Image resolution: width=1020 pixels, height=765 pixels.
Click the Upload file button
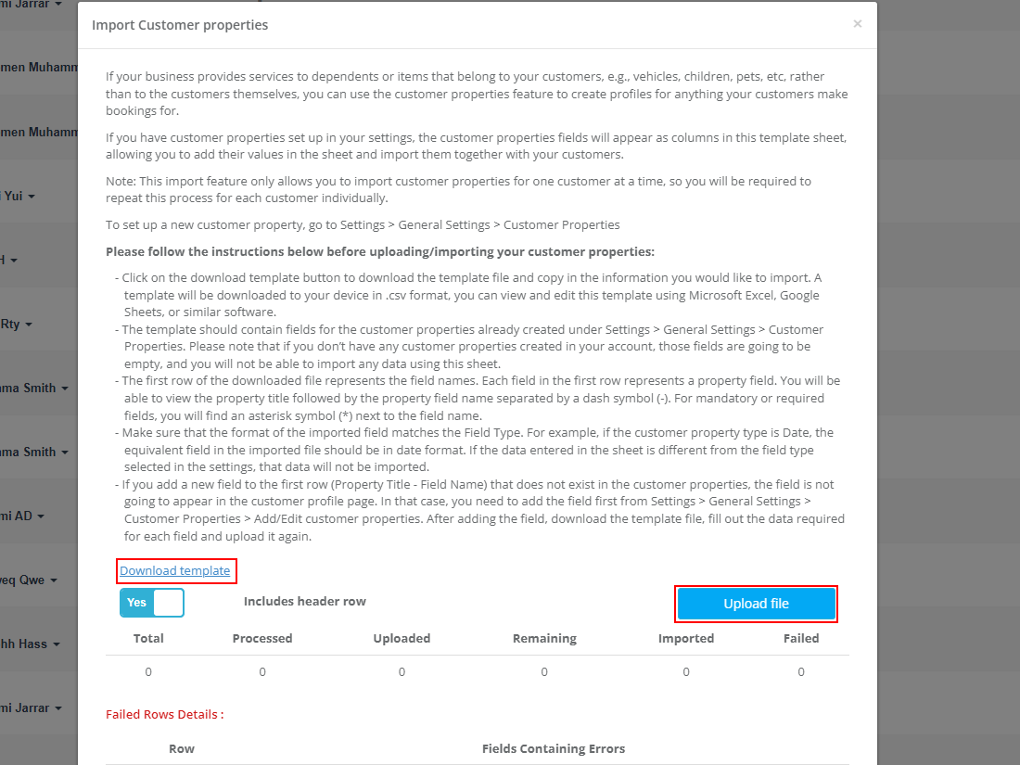pyautogui.click(x=756, y=604)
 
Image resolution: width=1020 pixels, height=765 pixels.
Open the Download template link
pyautogui.click(x=175, y=571)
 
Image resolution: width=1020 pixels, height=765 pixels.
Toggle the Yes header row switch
pyautogui.click(x=152, y=603)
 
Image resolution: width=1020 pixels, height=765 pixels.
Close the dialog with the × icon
pyautogui.click(x=858, y=24)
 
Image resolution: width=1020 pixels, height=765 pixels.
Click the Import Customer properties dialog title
pyautogui.click(x=180, y=25)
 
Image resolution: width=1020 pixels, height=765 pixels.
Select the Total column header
pyautogui.click(x=148, y=638)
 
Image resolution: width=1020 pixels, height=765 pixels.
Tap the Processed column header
pyautogui.click(x=262, y=638)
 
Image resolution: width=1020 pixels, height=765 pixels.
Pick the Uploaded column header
pyautogui.click(x=402, y=638)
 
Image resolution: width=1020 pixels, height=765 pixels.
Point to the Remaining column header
pyautogui.click(x=544, y=638)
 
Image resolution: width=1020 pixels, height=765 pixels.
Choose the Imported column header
pyautogui.click(x=686, y=638)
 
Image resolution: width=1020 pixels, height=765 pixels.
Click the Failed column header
pyautogui.click(x=801, y=638)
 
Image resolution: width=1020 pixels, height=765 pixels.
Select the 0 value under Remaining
pyautogui.click(x=544, y=671)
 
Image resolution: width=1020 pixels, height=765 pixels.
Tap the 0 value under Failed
pyautogui.click(x=801, y=671)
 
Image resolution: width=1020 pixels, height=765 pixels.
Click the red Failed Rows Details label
pyautogui.click(x=165, y=715)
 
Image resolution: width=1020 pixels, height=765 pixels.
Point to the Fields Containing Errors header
pyautogui.click(x=554, y=748)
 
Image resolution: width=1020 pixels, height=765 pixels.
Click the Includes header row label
pyautogui.click(x=305, y=602)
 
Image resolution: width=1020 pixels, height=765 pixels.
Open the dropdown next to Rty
pyautogui.click(x=29, y=325)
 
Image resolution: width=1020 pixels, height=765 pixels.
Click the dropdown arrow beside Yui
pyautogui.click(x=32, y=197)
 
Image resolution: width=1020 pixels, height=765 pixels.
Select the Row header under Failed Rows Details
pyautogui.click(x=182, y=748)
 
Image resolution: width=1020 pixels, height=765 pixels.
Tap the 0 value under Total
pyautogui.click(x=148, y=671)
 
